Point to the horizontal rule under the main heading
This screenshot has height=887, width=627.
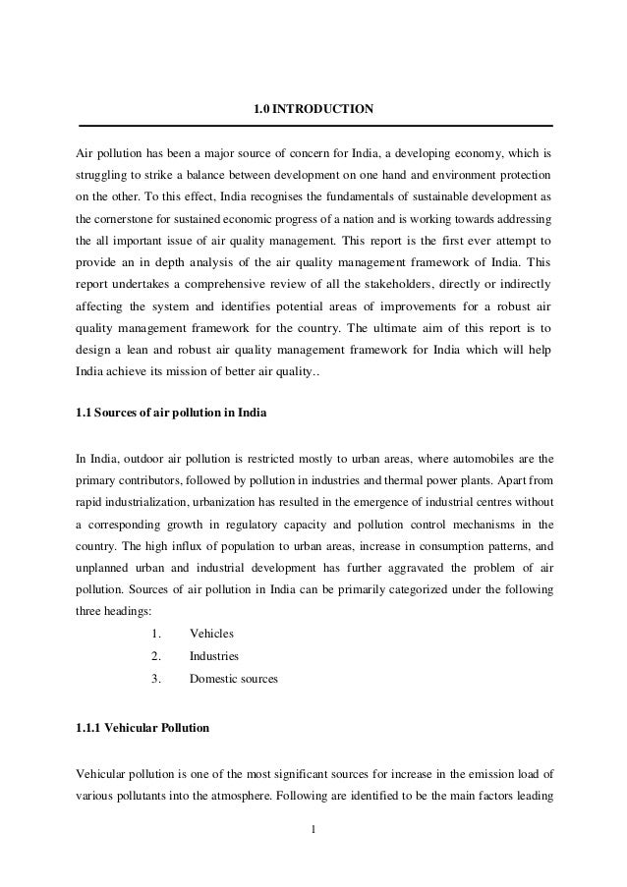315,126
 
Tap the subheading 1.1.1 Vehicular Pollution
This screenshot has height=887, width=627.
142,729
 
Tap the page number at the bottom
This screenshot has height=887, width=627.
313,836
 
